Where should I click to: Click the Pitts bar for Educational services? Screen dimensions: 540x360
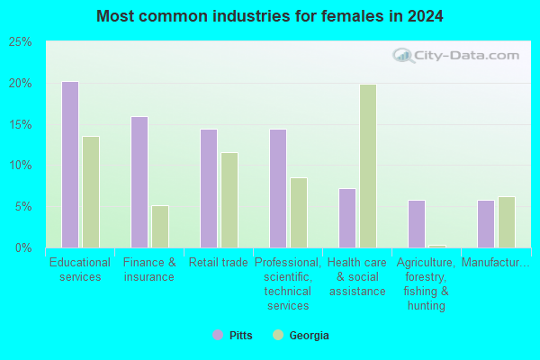[70, 165]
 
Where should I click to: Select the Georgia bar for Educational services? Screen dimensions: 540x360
[91, 192]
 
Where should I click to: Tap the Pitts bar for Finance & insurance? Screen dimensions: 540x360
[139, 182]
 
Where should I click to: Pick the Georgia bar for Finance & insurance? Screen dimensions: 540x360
[160, 227]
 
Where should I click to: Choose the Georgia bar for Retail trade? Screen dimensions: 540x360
[229, 200]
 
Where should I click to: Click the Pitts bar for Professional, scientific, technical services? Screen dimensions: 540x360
[278, 188]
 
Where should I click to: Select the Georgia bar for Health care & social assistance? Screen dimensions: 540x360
[368, 166]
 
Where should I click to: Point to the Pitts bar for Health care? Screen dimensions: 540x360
[347, 218]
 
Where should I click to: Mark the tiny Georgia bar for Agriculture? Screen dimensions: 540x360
[437, 247]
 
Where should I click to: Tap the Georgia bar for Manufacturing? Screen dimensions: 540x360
[507, 222]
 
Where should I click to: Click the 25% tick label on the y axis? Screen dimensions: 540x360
[21, 42]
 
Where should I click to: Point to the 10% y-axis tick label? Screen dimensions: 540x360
[21, 166]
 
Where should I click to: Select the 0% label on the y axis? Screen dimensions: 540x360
[23, 247]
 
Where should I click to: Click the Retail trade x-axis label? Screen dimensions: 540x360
[219, 263]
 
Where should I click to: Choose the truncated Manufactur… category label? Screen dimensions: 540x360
[496, 263]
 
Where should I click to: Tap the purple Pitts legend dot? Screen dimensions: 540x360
[218, 335]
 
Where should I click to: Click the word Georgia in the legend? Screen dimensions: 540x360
[310, 335]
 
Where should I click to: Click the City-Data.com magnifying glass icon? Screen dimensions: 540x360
[403, 56]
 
